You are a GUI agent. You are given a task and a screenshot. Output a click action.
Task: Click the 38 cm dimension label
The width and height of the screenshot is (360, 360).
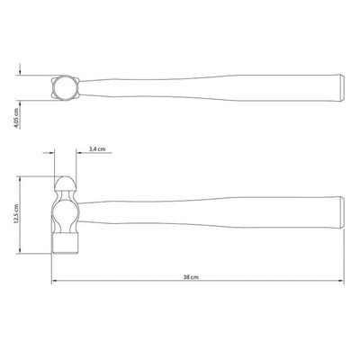pyautogui.click(x=191, y=277)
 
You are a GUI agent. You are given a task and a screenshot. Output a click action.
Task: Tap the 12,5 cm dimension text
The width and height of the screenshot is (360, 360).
pyautogui.click(x=16, y=213)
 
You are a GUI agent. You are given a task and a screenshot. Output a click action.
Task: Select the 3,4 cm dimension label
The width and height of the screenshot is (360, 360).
pyautogui.click(x=97, y=149)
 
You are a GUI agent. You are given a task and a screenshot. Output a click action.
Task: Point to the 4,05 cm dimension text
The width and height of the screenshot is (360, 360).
pyautogui.click(x=16, y=118)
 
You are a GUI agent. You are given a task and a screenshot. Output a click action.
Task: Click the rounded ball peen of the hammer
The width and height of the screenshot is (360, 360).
pyautogui.click(x=66, y=183)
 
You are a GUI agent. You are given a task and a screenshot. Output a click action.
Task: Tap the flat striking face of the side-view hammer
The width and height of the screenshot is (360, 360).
pyautogui.click(x=66, y=243)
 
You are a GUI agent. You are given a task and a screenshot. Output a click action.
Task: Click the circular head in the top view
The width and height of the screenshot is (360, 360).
pyautogui.click(x=66, y=87)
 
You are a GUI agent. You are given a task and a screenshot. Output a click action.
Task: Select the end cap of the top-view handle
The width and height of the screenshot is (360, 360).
pyautogui.click(x=342, y=87)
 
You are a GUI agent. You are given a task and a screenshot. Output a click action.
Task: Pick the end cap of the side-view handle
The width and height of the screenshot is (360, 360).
pyautogui.click(x=342, y=211)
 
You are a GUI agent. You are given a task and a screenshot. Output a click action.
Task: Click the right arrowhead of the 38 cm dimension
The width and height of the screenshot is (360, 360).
pyautogui.click(x=341, y=281)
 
